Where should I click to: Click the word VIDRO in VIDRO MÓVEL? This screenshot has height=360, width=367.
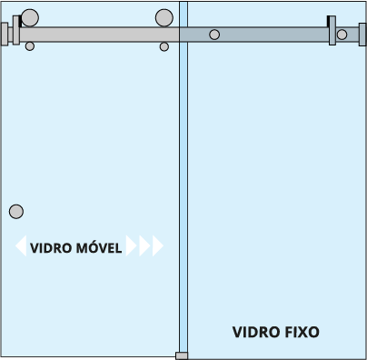pos(51,248)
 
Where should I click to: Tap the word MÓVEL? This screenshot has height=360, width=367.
pos(99,247)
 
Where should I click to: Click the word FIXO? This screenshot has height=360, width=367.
pos(301,332)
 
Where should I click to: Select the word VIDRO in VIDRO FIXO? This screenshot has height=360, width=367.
pos(254,332)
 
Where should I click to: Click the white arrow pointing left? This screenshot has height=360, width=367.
pos(21,245)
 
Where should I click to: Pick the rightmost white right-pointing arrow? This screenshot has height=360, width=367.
pos(158,245)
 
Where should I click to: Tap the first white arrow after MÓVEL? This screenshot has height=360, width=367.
pos(131,245)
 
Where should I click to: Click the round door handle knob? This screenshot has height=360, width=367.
pos(16,212)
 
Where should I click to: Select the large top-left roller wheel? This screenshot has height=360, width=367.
pos(30,17)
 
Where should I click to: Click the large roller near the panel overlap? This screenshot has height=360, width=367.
pos(164,17)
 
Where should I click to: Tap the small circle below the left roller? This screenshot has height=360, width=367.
pos(30,46)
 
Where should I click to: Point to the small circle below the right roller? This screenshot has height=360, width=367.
pos(164,46)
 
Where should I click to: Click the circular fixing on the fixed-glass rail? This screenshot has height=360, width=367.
pos(214,35)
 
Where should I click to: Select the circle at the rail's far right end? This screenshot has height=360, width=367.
pos(342,35)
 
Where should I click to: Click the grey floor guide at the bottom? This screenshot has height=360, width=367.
pos(182,355)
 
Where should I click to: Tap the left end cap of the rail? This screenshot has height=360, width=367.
pos(5,34)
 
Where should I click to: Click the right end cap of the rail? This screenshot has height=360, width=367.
pos(362,35)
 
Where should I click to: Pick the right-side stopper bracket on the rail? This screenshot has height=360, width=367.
pos(332,31)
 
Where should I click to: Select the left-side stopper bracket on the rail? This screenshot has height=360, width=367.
pos(16,30)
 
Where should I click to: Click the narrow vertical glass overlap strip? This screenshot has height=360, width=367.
pos(183,179)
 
